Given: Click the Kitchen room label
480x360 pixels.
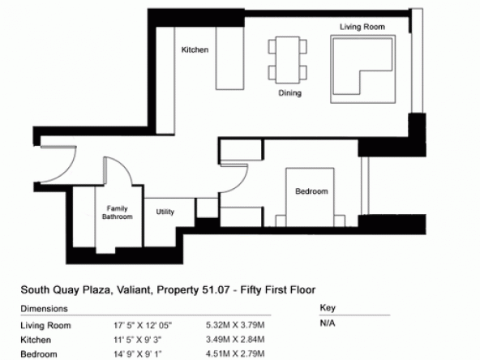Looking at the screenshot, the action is pyautogui.click(x=195, y=49).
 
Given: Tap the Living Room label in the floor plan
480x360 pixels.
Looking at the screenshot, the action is pyautogui.click(x=362, y=27).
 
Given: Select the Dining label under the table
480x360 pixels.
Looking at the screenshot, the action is pyautogui.click(x=290, y=92).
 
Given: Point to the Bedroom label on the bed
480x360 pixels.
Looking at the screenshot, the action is pyautogui.click(x=311, y=191).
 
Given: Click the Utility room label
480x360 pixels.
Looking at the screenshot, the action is pyautogui.click(x=165, y=212).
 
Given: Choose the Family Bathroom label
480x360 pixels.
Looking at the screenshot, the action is pyautogui.click(x=118, y=212).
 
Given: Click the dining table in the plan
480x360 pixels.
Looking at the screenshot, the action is pyautogui.click(x=288, y=60).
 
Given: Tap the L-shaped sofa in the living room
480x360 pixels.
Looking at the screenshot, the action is pyautogui.click(x=363, y=69).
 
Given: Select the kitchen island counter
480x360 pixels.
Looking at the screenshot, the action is pyautogui.click(x=230, y=58).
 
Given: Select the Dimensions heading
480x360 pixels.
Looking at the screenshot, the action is pyautogui.click(x=44, y=309).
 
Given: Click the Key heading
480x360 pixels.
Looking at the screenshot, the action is pyautogui.click(x=328, y=307).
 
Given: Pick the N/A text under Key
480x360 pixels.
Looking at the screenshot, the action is pyautogui.click(x=328, y=323).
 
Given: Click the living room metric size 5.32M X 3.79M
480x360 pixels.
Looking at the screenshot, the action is pyautogui.click(x=235, y=325).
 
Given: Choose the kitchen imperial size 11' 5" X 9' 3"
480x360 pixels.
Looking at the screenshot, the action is pyautogui.click(x=138, y=340).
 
